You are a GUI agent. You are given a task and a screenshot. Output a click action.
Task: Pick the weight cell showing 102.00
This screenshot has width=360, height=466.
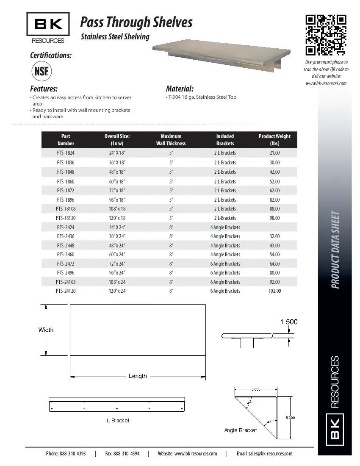(x=274, y=291)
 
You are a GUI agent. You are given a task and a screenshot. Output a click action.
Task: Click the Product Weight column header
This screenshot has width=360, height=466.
(x=274, y=140)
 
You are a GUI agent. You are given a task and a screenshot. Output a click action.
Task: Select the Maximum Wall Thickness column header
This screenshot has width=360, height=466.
(x=171, y=140)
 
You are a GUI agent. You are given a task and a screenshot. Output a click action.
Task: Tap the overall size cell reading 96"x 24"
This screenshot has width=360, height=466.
(x=117, y=273)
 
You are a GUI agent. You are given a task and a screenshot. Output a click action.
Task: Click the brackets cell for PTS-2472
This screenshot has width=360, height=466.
(x=225, y=264)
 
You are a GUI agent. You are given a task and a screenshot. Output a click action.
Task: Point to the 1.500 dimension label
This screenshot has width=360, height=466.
(x=289, y=322)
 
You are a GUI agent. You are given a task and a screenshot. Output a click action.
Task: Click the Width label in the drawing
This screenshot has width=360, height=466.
(x=46, y=330)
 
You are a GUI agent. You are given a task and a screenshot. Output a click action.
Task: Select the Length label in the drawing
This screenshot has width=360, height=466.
(x=138, y=376)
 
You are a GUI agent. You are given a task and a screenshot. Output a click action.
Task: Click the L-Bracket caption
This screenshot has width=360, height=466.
(x=118, y=421)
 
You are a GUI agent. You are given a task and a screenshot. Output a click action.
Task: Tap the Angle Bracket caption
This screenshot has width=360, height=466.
(x=240, y=430)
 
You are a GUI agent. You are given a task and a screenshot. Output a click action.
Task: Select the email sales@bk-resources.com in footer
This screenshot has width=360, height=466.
(x=264, y=454)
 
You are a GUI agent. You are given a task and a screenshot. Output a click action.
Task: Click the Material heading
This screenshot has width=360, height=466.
(x=180, y=89)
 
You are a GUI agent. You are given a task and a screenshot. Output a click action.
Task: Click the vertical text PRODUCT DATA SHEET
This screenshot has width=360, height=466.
(x=335, y=250)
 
